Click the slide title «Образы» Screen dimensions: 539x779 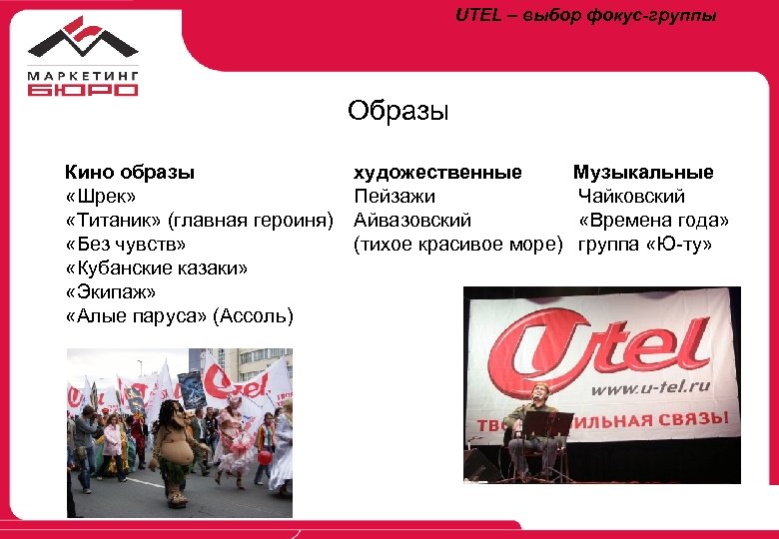tap(398, 110)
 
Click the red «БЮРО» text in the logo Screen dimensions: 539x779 tap(83, 89)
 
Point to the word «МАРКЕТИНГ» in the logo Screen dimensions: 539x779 tap(83, 73)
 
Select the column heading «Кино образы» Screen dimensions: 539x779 tap(130, 173)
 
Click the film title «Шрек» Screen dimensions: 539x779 tap(101, 197)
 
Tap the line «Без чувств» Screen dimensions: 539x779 tap(126, 245)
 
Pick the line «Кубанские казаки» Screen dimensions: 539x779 tap(157, 269)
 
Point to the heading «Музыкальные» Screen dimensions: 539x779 tap(643, 173)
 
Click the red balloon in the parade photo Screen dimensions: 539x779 tap(266, 456)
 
